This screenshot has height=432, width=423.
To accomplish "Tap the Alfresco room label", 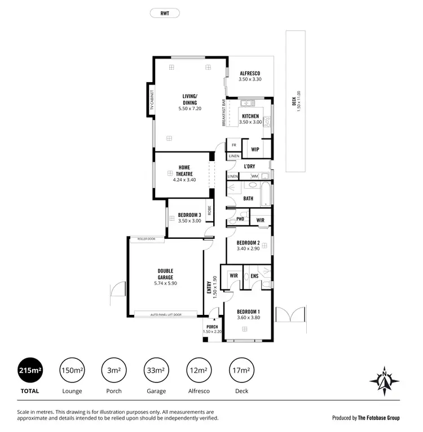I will point(249,74).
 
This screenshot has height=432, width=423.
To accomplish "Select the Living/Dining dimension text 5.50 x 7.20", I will point(190,108).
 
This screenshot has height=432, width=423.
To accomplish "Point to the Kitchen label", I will point(250,116).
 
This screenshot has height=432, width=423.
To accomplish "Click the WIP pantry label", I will point(255,149).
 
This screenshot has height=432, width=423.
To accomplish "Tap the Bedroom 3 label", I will point(190,215).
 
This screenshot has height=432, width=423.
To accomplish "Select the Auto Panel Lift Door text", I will point(165,314).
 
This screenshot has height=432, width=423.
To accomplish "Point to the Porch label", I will point(212,327).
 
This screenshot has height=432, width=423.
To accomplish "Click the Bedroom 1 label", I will point(248,312).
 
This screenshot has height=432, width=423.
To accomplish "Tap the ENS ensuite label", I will point(254,276).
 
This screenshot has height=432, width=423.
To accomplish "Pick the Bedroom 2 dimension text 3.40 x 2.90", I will point(248,249).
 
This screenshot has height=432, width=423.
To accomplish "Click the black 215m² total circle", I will point(30,370).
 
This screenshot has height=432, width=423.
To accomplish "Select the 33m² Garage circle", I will point(156,370).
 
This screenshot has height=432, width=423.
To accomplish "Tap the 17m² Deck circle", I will point(241,370).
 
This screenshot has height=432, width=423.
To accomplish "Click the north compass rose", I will point(384,380).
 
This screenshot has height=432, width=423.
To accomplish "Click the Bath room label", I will point(248,198).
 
